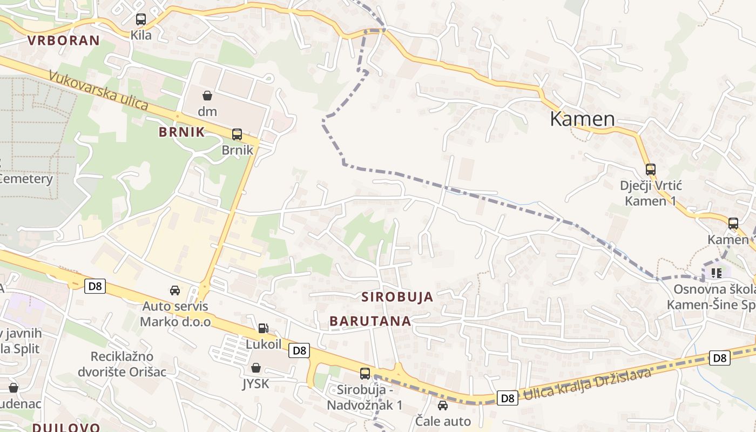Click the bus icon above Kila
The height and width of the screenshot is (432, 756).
click(141, 19)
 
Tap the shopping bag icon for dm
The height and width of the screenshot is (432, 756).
click(207, 96)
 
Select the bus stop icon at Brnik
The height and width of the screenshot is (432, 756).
click(237, 134)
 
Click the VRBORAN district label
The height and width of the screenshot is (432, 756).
click(63, 40)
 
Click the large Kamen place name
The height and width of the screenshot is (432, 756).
click(582, 119)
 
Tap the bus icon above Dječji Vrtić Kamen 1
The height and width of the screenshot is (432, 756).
click(651, 170)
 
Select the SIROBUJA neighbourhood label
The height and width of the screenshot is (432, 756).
click(397, 296)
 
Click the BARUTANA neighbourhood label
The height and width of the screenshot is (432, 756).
click(370, 321)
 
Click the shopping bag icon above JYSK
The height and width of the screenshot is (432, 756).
click(256, 368)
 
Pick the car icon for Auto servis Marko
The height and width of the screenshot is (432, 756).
click(175, 291)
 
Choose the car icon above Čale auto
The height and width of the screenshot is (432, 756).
click(443, 405)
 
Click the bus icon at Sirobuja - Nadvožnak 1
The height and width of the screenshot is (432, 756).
click(365, 373)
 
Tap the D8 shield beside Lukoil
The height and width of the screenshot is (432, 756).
click(299, 350)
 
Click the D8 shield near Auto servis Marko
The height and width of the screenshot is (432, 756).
click(95, 286)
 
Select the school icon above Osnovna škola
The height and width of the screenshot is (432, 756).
click(716, 273)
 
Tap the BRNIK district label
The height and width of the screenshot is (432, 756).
click(181, 132)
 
